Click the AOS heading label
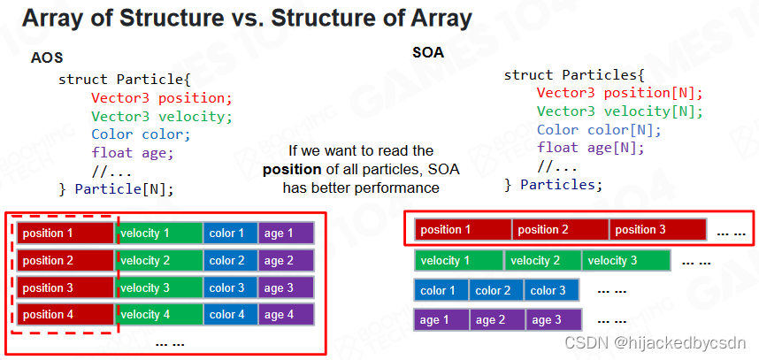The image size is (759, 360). pos(46,58)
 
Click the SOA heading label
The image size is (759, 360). pos(428,52)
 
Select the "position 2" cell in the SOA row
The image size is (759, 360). pos(560,230)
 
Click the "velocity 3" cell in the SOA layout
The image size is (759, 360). pos(625,261)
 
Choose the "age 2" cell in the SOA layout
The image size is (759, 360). pos(497,320)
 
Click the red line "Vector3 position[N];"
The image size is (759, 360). pos(619,93)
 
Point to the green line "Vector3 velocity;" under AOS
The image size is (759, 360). pos(161,116)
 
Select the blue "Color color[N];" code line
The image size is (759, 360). pos(599,129)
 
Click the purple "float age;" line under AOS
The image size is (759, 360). pos(133,152)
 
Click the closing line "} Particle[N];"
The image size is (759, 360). pos(115,188)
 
